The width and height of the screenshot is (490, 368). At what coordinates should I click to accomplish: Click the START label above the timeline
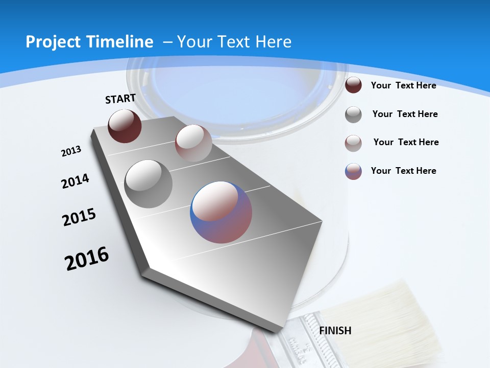(120, 99)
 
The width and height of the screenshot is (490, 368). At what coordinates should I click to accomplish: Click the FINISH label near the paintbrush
(335, 331)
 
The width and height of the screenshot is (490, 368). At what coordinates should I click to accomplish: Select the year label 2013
(71, 151)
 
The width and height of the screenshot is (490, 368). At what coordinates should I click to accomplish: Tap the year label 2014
(75, 181)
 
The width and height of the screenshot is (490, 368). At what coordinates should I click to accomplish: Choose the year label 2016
(87, 259)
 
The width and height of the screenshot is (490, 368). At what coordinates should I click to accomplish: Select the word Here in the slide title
(274, 42)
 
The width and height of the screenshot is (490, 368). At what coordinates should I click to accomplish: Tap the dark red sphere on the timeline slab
(125, 126)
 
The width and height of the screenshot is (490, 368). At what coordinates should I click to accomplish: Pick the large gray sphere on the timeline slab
(149, 183)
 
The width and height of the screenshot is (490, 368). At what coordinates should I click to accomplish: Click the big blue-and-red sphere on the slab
(221, 212)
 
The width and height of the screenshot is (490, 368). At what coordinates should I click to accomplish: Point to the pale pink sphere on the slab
(193, 143)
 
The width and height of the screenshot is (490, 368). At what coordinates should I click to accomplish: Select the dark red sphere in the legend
(353, 85)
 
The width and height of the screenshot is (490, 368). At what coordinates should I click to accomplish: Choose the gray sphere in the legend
(353, 114)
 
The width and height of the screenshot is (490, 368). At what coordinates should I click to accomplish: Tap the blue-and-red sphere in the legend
(353, 171)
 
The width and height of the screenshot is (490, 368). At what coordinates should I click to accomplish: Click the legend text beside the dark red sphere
(403, 85)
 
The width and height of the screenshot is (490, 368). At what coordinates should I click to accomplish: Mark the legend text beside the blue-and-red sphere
(403, 171)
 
